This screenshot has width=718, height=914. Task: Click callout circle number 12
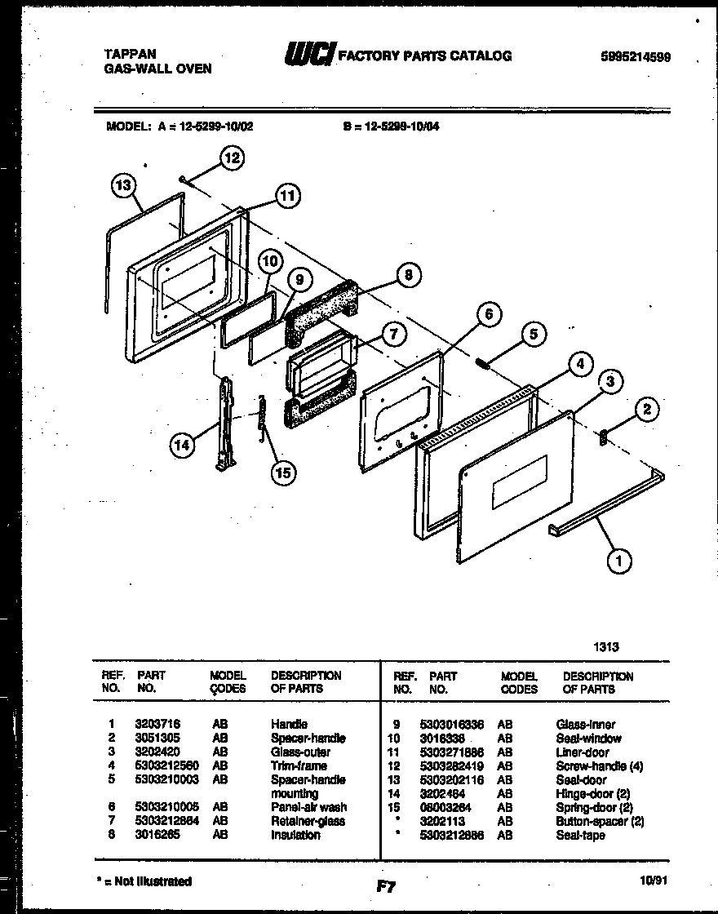pos(232,158)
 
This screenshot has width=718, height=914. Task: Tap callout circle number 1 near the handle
pos(619,560)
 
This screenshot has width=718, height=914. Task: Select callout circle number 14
pos(183,445)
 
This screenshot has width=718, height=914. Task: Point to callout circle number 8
pos(409,275)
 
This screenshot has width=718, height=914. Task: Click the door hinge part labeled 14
pos(224,424)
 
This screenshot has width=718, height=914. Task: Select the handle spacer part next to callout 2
pos(604,437)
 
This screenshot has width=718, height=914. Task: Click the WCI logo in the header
pos(308,55)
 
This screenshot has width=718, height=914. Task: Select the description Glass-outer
pos(300,752)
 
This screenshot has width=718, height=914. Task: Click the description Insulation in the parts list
pos(295,835)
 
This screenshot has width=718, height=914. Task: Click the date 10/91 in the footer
pos(654,881)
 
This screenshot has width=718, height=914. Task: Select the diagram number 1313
pos(606,646)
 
